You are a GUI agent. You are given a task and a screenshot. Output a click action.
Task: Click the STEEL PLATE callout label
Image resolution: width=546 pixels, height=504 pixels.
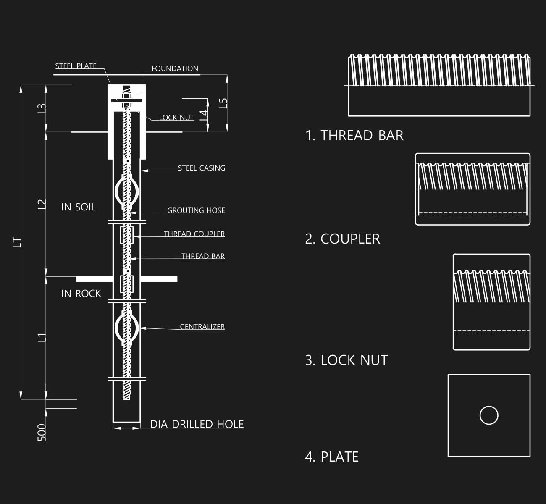click(76, 66)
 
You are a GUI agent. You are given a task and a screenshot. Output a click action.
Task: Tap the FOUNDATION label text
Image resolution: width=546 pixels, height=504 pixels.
click(175, 68)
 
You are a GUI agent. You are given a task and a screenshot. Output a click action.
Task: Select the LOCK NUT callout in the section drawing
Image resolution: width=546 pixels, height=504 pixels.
click(176, 118)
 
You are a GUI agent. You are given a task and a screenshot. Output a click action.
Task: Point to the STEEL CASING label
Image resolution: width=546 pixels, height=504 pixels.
click(202, 168)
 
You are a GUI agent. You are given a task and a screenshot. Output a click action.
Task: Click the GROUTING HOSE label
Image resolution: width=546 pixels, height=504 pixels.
click(196, 210)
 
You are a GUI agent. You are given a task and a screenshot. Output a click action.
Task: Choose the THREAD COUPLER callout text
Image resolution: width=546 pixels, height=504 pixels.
click(194, 234)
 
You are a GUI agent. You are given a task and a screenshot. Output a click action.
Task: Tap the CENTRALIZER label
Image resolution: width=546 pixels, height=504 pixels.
click(202, 326)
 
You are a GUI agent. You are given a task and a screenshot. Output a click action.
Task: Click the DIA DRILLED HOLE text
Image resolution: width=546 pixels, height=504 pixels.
click(197, 424)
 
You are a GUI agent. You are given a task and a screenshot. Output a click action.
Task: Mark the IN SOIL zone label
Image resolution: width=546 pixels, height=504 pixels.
click(79, 207)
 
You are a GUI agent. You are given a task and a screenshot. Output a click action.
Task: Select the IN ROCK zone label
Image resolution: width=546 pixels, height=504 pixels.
click(81, 294)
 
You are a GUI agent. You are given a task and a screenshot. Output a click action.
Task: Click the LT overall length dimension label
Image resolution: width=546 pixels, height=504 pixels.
click(17, 242)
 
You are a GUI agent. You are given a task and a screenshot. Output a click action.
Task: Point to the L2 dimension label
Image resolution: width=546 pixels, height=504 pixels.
click(42, 204)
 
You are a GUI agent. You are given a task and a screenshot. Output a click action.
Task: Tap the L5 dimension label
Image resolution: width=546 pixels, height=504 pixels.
click(223, 103)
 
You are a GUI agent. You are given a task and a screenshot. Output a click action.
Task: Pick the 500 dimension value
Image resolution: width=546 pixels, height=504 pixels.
click(42, 432)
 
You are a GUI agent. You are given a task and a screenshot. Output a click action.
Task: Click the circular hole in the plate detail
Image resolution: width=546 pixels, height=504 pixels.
click(489, 415)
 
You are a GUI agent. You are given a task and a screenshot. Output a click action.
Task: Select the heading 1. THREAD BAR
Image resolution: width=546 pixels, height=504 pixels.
click(354, 136)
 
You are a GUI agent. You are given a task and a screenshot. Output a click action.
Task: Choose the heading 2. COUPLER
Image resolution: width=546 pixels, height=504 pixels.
click(343, 239)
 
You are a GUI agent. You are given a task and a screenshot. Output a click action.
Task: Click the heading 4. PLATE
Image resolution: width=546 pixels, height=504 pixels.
click(332, 457)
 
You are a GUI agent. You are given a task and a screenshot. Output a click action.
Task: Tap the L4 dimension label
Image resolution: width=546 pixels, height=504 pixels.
click(204, 115)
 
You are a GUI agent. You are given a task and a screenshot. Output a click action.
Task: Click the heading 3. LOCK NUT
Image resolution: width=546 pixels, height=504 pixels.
click(346, 360)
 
